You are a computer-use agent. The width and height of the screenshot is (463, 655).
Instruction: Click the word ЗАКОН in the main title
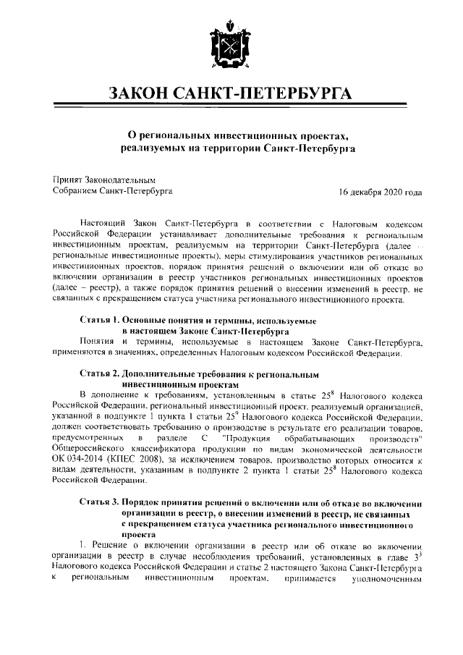tap(142, 95)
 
